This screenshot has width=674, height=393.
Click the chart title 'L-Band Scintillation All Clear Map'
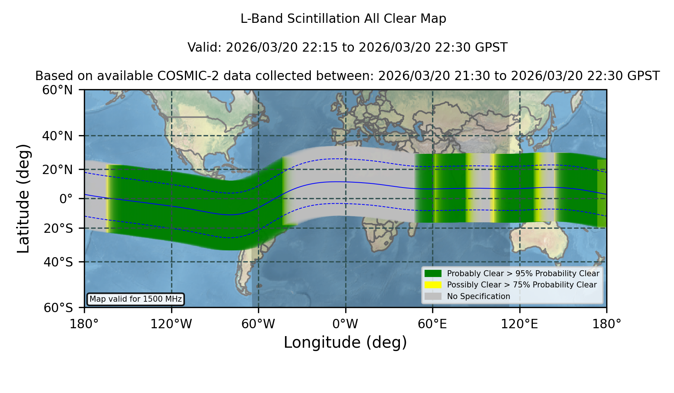pos(343,19)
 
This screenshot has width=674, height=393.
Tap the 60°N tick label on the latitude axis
pos(58,90)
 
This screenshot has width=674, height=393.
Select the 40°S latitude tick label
pos(58,262)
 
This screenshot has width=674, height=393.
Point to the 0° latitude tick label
pos(66,199)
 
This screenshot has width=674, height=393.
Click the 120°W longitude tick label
pos(171,324)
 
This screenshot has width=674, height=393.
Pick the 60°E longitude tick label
pos(432,324)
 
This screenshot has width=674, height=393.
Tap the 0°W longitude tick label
pos(346,324)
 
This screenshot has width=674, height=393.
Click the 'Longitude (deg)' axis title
pos(345,342)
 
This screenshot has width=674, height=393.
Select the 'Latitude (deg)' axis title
pos(23,198)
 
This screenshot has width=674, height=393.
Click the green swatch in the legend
pos(433,274)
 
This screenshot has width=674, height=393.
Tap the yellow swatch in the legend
pos(433,285)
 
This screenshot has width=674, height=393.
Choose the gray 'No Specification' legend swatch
pos(433,296)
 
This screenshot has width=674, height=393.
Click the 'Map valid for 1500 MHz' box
pos(136,299)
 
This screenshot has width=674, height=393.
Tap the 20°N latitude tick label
pos(58,170)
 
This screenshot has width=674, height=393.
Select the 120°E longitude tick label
pos(519,324)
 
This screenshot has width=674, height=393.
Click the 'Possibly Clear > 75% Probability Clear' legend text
pos(522,285)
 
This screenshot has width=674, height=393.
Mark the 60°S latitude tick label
pos(58,308)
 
